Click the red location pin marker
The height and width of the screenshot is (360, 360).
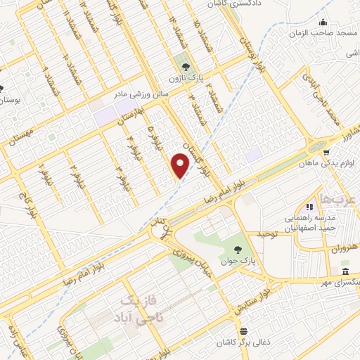[181, 165]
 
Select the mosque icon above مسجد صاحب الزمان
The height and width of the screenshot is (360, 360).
[323, 22]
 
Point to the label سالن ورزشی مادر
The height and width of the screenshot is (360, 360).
[141, 92]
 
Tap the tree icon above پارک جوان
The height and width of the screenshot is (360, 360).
[238, 250]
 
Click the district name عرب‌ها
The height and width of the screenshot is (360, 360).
[334, 200]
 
